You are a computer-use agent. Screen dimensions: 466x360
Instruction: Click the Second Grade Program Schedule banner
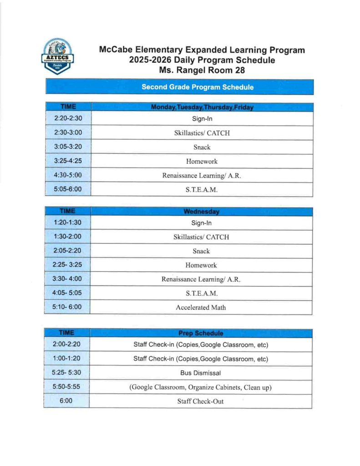(198, 87)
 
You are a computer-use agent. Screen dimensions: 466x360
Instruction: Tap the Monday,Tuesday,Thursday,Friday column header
(202, 107)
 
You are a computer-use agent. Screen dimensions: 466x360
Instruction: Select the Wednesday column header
(201, 212)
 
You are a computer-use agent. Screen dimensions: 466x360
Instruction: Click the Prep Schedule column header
(201, 333)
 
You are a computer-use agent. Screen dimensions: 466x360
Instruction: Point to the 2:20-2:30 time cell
(68, 119)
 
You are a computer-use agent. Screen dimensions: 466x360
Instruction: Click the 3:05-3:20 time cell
(68, 147)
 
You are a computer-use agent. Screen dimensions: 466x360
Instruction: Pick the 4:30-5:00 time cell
(68, 175)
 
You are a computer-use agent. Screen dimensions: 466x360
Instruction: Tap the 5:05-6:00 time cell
(68, 189)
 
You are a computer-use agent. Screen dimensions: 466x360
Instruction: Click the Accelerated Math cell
(201, 307)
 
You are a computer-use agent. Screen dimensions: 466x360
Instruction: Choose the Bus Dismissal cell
(201, 373)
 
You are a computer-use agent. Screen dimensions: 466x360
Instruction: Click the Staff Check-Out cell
(201, 401)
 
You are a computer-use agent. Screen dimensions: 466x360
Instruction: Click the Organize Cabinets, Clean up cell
(201, 387)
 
